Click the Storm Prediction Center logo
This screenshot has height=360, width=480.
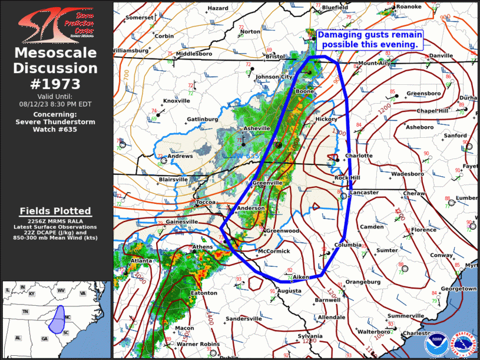(56, 24)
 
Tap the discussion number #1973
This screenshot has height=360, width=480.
(56, 83)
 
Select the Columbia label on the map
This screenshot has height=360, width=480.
(348, 245)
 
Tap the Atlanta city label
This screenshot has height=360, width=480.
(141, 260)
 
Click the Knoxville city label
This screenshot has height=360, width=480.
(176, 101)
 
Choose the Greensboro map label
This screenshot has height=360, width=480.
(423, 94)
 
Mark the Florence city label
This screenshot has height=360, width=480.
(423, 230)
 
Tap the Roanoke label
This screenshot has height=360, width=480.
(409, 6)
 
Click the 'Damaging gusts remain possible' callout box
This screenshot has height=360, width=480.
(370, 39)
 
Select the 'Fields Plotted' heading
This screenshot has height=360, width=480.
(55, 211)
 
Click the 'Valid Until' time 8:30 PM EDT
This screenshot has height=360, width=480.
(55, 103)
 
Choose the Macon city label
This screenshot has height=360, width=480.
(184, 328)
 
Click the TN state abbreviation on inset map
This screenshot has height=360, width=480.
(25, 311)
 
